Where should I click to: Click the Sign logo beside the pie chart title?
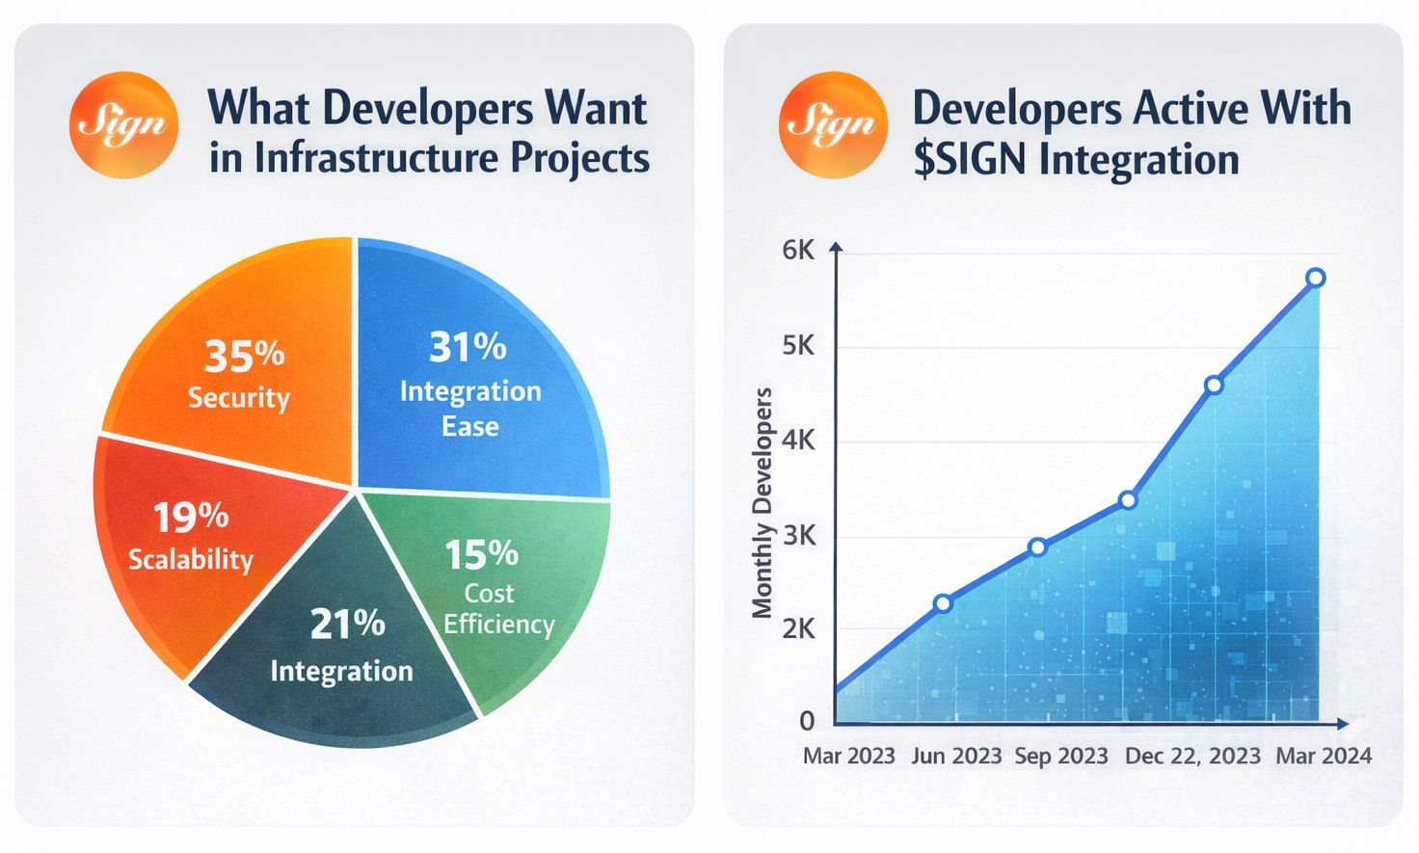click(x=123, y=124)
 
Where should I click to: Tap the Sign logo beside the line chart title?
click(x=832, y=124)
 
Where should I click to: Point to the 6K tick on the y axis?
click(x=798, y=252)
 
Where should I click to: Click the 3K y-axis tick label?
click(x=798, y=536)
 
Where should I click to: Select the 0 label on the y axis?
click(x=807, y=721)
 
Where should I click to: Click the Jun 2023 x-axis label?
click(x=956, y=756)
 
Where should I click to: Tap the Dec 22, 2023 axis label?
click(x=1192, y=756)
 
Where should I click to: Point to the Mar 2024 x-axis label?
click(x=1324, y=756)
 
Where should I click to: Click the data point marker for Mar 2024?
click(x=1315, y=279)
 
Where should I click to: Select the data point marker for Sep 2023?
click(x=1037, y=547)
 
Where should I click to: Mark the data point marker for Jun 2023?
click(x=943, y=603)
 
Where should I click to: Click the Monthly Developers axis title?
click(x=763, y=502)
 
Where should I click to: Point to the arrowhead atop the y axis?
click(x=836, y=247)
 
